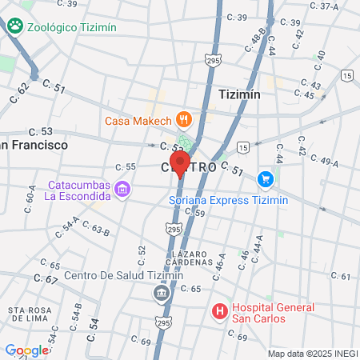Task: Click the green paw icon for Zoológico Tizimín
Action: coord(14,26)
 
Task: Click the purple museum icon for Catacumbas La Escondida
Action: coord(122,189)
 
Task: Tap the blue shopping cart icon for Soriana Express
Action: coord(266,180)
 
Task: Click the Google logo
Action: coord(26,350)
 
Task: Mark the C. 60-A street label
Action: coord(31,194)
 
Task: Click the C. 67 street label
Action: coord(46,279)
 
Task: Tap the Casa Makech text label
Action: coord(138,121)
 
